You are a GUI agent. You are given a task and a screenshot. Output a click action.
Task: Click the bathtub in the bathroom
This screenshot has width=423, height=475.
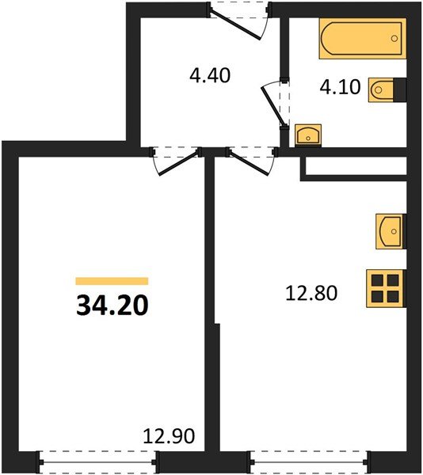[362, 39]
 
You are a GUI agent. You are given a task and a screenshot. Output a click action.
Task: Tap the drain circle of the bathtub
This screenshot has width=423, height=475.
[394, 39]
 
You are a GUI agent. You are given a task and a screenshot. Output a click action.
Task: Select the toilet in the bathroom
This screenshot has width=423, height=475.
[381, 89]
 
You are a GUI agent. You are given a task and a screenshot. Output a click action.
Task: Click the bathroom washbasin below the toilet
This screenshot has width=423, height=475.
[308, 135]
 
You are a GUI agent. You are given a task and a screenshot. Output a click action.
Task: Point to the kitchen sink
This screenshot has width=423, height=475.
[390, 231]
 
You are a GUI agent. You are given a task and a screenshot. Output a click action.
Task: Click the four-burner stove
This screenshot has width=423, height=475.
[385, 289]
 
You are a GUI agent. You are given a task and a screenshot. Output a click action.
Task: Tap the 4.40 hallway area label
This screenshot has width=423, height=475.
[210, 75]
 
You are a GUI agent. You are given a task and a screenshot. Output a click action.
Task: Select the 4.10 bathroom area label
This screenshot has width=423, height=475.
[341, 87]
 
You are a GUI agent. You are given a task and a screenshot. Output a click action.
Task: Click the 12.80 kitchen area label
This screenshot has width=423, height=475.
[311, 293]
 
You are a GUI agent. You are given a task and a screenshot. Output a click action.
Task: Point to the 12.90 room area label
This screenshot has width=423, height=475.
[169, 436]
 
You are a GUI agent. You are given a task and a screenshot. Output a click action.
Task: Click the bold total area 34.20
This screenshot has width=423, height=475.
[112, 306]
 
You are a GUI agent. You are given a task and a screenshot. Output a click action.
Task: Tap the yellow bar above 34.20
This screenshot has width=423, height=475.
[112, 281]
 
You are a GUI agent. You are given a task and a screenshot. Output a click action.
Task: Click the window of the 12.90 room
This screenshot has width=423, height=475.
[98, 462]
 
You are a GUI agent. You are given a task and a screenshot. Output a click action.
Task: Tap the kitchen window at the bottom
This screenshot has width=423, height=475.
[309, 462]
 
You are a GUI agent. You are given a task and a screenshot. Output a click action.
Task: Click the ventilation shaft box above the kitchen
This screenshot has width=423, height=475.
[356, 166]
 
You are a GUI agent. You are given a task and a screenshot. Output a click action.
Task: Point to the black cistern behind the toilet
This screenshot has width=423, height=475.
[400, 89]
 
